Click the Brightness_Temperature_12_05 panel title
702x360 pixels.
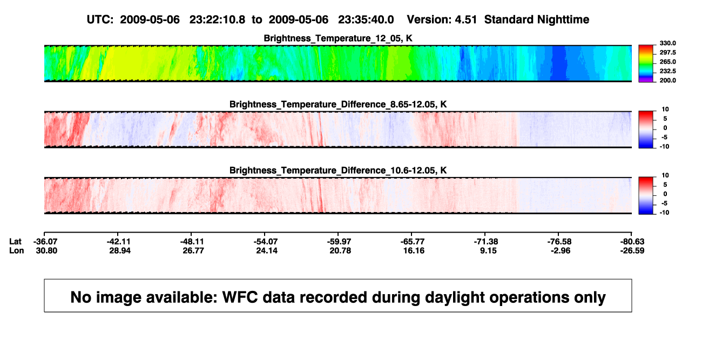point(338,38)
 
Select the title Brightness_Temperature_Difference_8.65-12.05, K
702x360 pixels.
point(338,104)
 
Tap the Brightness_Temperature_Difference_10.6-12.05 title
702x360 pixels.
point(338,171)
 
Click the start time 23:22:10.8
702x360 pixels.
point(217,19)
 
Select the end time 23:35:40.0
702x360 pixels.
point(366,19)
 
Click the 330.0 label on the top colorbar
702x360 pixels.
point(667,43)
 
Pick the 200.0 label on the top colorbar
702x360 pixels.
point(667,80)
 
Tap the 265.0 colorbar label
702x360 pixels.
point(667,62)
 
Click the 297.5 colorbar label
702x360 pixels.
point(667,52)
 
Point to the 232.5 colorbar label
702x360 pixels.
point(667,71)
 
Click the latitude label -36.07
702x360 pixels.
point(45,242)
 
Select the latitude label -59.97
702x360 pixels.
point(339,242)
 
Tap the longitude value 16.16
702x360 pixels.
point(414,250)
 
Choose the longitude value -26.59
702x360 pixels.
point(632,250)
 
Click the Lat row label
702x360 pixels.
point(15,242)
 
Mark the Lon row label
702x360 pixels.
point(16,250)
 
